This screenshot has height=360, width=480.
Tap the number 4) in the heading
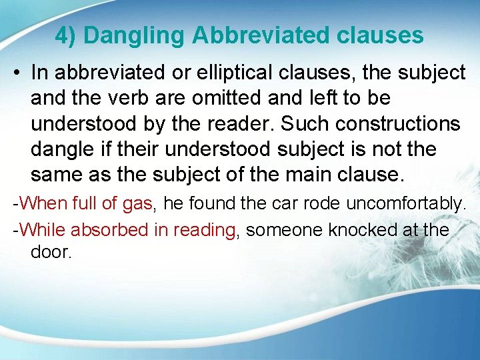(65, 35)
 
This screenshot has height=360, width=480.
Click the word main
(314, 175)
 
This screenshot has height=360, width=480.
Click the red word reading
(205, 230)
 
